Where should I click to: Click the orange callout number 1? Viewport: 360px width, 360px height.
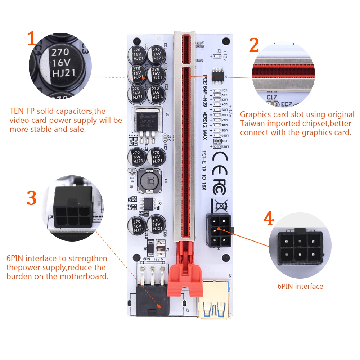click(x=32, y=39)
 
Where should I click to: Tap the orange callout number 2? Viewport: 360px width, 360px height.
click(x=254, y=45)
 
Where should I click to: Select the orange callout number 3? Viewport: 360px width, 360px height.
click(x=32, y=197)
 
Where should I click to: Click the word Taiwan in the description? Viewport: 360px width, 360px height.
click(x=252, y=123)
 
